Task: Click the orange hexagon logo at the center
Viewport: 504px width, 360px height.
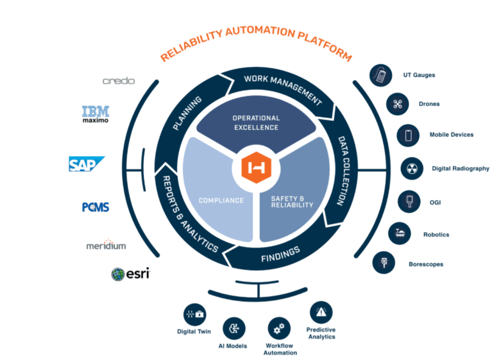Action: pos(256,168)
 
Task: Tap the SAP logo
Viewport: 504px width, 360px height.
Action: pos(86,164)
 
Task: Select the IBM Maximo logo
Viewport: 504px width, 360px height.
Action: pos(95,114)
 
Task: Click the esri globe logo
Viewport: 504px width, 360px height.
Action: pos(118,274)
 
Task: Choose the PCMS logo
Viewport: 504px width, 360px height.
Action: pos(95,207)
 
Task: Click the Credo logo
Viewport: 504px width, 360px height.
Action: pos(119,81)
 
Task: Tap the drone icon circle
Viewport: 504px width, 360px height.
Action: pos(397,104)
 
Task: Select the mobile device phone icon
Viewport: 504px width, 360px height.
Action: pos(408,135)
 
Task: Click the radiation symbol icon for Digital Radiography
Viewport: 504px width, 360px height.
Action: pos(412,168)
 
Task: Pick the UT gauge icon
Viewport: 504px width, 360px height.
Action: pos(381,75)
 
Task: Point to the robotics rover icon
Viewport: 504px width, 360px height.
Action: pos(400,233)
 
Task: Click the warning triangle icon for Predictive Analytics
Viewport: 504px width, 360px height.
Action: pos(321,312)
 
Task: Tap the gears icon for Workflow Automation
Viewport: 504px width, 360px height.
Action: pos(279,328)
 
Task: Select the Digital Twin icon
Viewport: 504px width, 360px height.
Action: pos(195,314)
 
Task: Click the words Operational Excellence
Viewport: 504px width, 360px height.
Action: pos(256,123)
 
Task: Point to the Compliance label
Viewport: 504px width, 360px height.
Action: pos(221,201)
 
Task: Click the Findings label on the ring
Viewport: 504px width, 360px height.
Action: pos(280,255)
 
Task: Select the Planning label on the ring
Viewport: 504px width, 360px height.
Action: pos(187,113)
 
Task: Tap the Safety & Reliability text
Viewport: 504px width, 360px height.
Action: pos(292,202)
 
